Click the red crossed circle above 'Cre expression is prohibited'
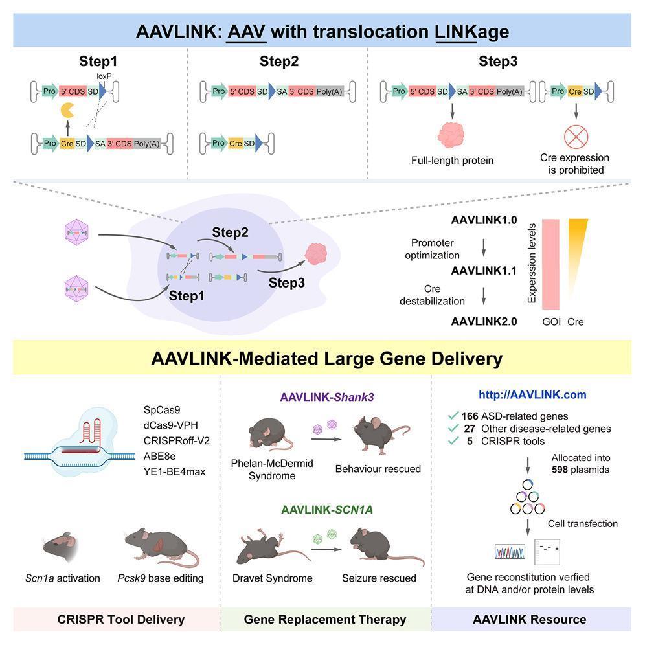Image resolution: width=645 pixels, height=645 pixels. point(574,137)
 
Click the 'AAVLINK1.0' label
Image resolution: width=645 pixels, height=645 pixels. point(484,220)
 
